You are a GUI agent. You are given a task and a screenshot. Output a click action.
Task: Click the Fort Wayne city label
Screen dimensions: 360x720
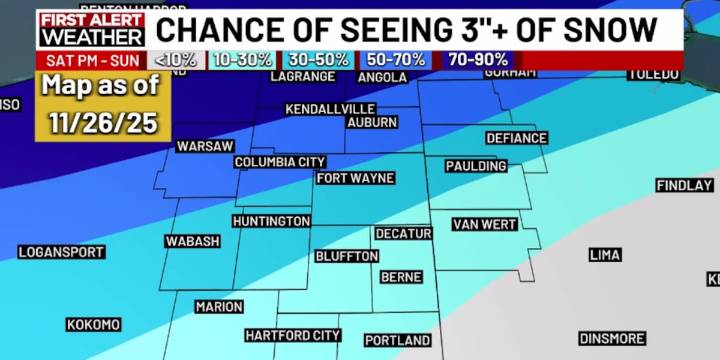point(355,178)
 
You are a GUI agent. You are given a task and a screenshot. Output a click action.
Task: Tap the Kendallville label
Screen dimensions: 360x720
point(330,109)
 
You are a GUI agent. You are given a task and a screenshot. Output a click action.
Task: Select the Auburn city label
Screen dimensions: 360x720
point(371,123)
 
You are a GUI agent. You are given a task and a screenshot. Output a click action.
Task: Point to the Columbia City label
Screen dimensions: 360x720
point(280,162)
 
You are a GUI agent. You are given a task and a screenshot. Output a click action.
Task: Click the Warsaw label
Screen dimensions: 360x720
point(205,146)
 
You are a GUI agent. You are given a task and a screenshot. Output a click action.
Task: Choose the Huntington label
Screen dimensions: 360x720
point(271,221)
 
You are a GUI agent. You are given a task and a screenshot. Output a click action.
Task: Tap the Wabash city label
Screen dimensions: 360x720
point(193,242)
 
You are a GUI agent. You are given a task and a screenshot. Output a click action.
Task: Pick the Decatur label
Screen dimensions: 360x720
point(403,234)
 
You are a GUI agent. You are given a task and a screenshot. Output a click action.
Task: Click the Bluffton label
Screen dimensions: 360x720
point(347,257)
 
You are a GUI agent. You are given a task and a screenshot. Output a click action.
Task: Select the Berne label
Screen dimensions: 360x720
point(401,277)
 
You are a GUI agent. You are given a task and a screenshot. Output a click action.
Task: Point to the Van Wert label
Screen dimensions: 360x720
point(484,224)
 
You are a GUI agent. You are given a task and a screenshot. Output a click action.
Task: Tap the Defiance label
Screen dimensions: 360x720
point(516,138)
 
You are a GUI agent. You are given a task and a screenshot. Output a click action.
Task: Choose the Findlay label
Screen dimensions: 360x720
point(684,186)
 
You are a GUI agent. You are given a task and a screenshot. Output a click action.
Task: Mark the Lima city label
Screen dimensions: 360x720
point(605,255)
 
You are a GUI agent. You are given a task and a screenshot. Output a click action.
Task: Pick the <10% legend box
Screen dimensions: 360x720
point(178,60)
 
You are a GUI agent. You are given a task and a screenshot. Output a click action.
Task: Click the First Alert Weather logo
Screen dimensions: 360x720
point(92,30)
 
